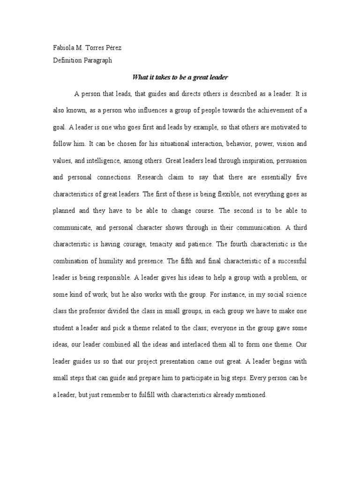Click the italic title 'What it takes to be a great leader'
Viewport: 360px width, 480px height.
click(x=180, y=77)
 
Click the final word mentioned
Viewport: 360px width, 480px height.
click(x=251, y=395)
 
